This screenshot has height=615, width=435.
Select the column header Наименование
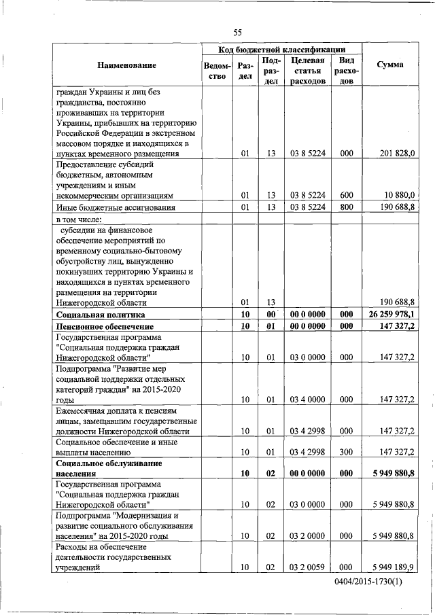click(x=126, y=65)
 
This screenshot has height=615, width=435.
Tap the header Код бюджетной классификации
click(x=281, y=50)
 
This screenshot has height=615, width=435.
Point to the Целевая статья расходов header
click(x=307, y=71)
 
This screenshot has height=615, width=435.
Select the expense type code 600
click(x=346, y=196)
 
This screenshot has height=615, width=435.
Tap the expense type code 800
click(x=346, y=207)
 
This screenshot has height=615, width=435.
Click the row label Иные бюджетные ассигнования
click(x=106, y=208)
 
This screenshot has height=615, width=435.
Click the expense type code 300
click(x=346, y=451)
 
